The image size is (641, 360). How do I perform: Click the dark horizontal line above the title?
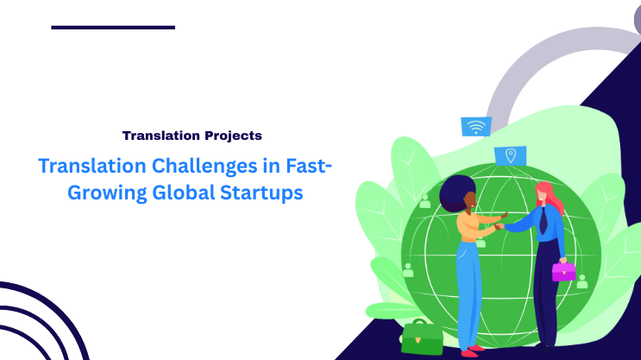tap(113, 28)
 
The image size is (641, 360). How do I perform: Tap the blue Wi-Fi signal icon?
tap(475, 127)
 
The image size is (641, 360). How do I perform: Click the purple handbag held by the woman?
tap(563, 270)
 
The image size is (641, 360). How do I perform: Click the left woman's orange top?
tap(469, 225)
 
